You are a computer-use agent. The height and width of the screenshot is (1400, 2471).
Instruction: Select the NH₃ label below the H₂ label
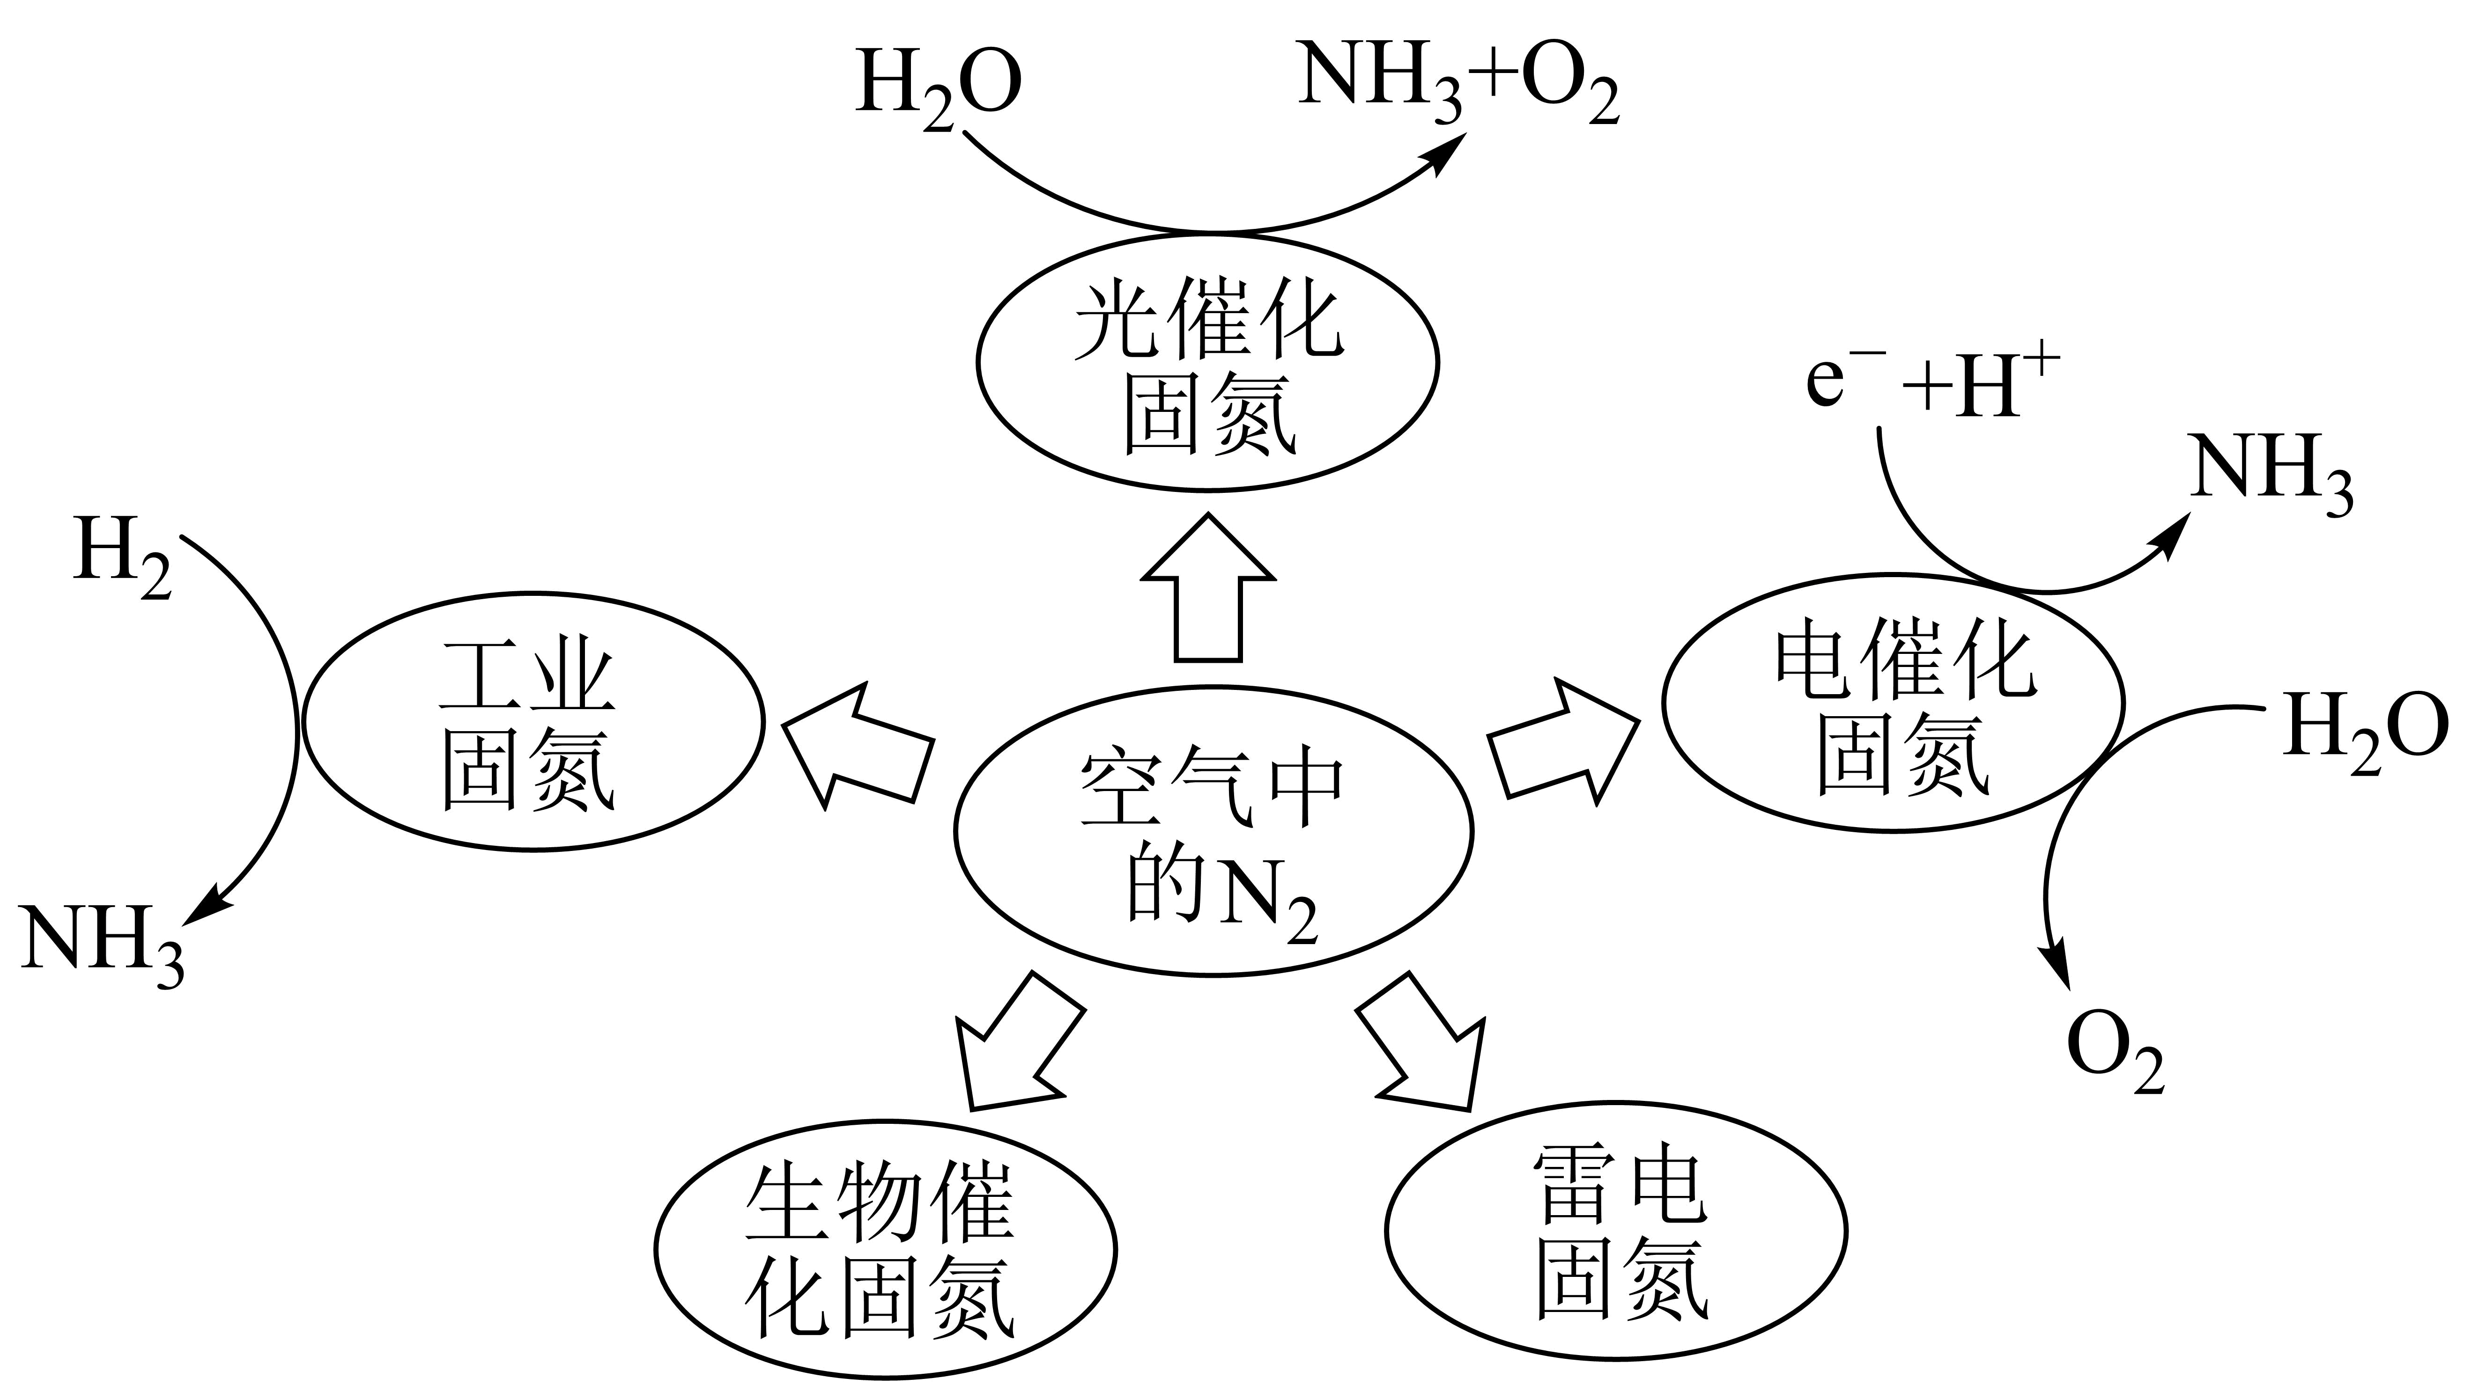(103, 943)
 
